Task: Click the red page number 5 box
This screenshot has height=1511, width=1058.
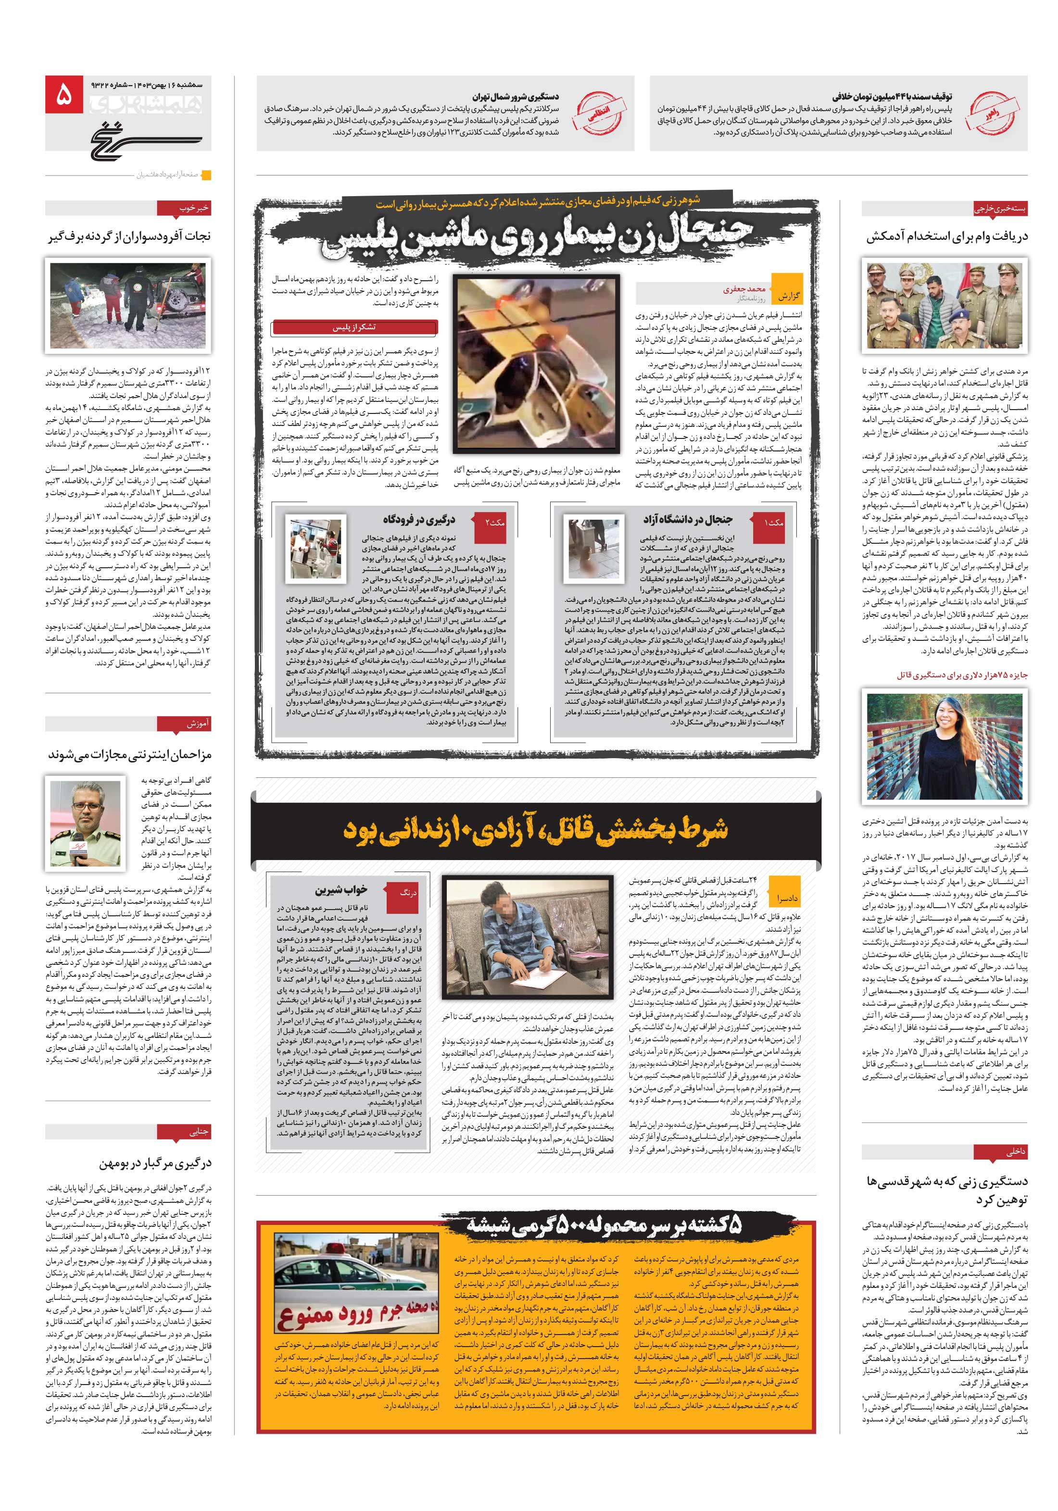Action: [x=64, y=95]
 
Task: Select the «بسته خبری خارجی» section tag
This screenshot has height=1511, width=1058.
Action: [x=1001, y=209]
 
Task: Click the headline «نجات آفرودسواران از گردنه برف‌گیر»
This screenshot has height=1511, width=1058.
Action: [x=130, y=236]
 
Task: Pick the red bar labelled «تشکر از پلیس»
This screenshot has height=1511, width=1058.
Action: [x=355, y=327]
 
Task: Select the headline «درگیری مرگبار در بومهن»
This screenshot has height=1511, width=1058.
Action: [x=155, y=1163]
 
